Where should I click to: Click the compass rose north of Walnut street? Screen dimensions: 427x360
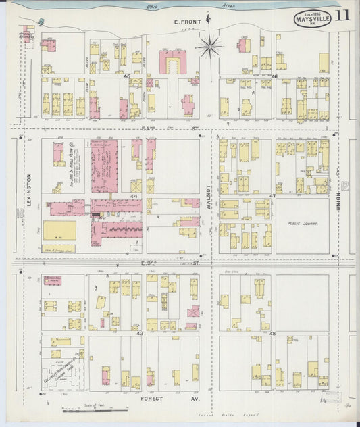209,47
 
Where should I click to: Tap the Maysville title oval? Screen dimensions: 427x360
311,18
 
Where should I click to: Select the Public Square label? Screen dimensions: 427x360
302,222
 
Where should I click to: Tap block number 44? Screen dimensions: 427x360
134,196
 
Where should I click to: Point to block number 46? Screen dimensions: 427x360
274,77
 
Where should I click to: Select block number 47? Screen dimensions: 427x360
273,196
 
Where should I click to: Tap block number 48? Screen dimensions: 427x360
273,334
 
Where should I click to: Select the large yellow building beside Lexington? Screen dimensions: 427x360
59,230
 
